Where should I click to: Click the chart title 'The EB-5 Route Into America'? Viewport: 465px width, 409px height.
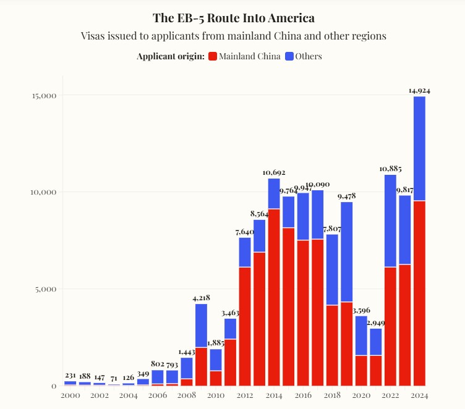(233, 18)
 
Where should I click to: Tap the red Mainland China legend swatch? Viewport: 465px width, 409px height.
(213, 56)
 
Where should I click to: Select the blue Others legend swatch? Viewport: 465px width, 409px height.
(289, 56)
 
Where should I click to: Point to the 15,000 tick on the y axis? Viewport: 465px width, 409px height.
(44, 95)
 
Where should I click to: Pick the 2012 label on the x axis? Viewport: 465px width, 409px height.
(245, 395)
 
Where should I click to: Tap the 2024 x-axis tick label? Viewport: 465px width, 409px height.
(419, 395)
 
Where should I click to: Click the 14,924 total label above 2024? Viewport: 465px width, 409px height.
(419, 90)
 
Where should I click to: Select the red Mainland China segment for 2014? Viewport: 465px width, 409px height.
(274, 297)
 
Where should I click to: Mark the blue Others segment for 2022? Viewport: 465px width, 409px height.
(390, 221)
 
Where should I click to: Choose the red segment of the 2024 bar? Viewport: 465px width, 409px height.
(419, 293)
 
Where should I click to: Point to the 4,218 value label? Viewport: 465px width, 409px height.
(201, 298)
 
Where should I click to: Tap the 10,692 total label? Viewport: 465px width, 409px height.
(274, 172)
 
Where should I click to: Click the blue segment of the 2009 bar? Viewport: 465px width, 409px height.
(201, 325)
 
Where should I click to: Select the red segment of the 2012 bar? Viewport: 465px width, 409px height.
(245, 326)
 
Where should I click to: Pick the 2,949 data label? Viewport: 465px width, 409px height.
(376, 323)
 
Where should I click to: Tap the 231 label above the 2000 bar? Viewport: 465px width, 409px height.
(70, 375)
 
